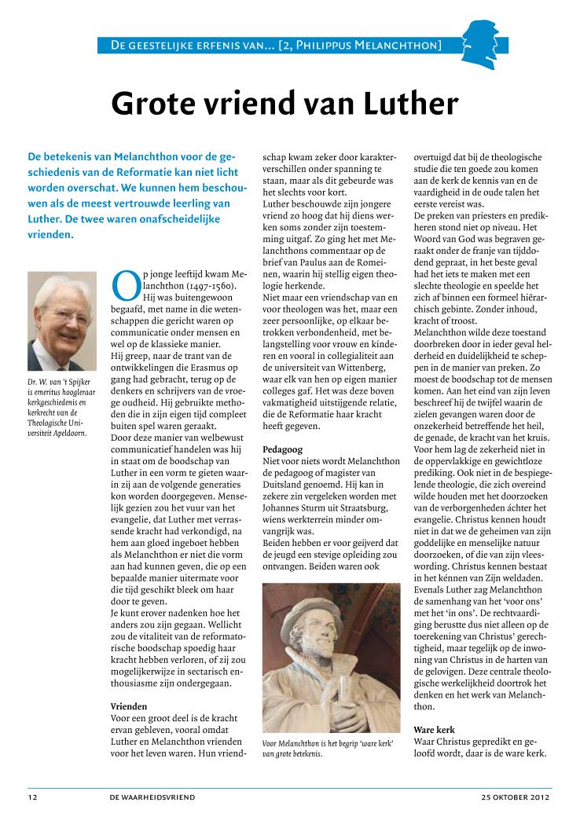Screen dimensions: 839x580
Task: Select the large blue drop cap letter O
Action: click(x=124, y=287)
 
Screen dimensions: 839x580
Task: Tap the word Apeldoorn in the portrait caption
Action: click(x=68, y=433)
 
